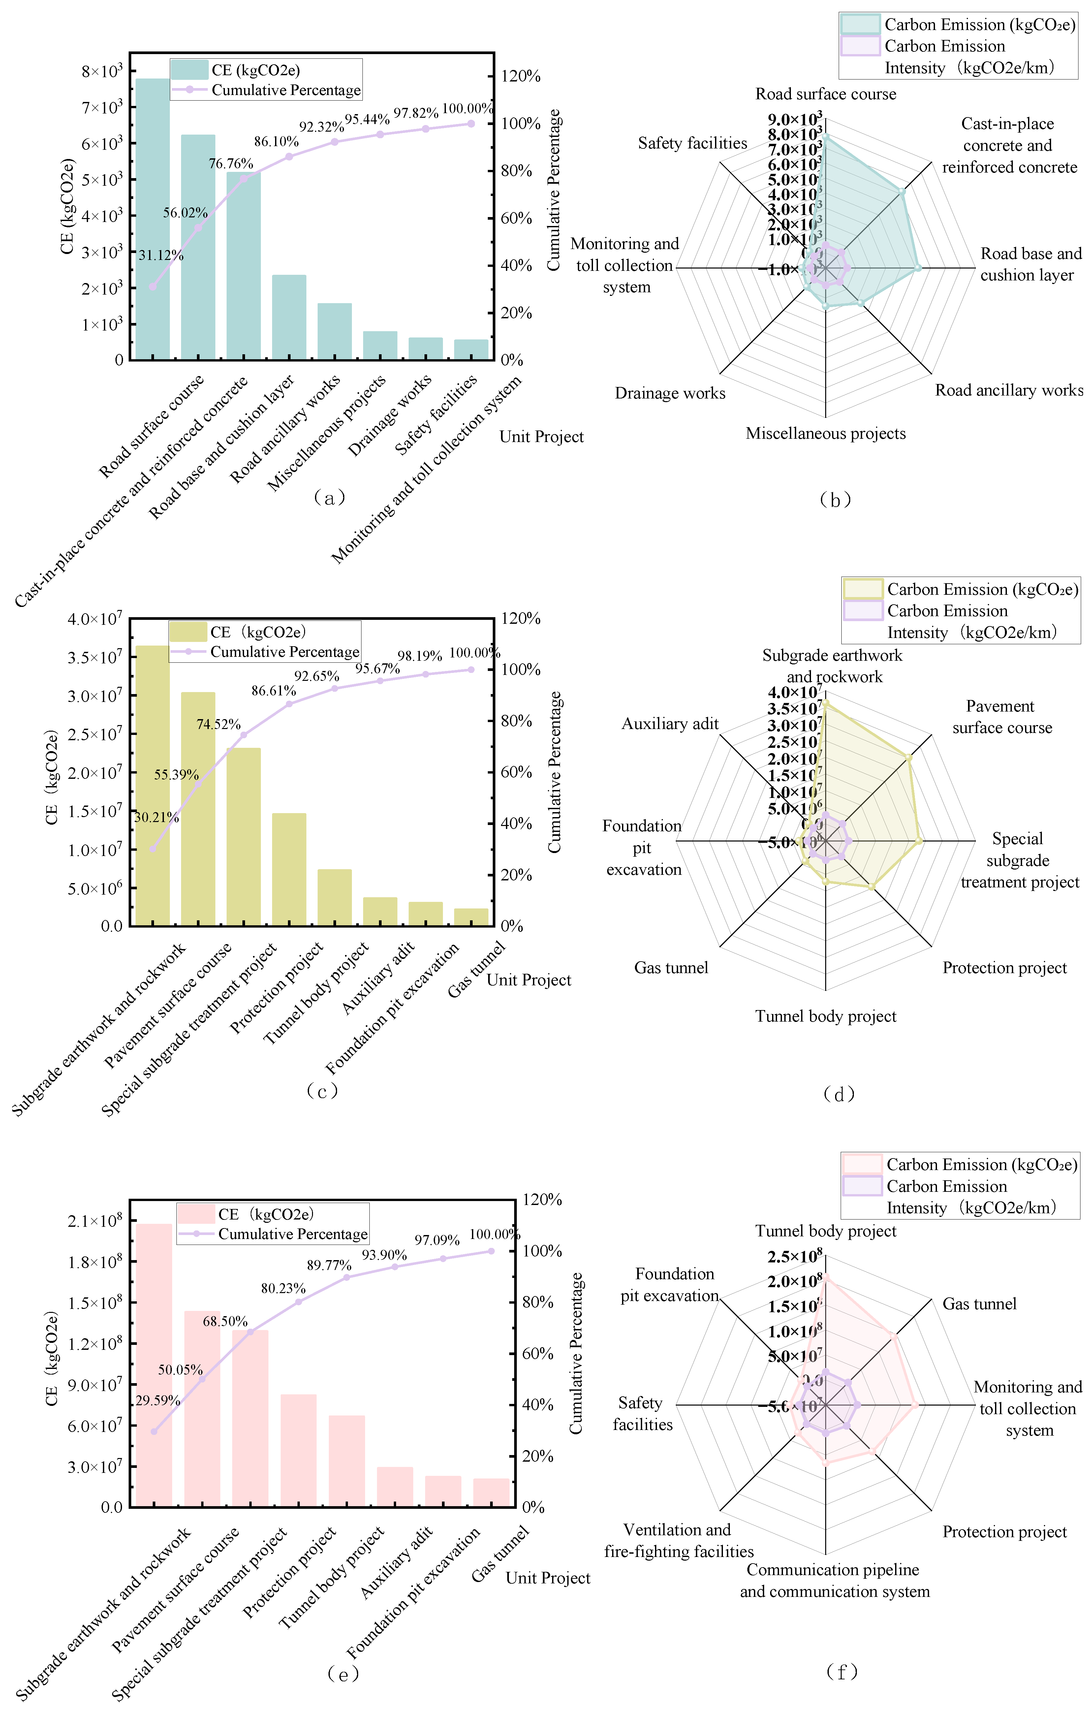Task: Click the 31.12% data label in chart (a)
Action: [x=161, y=255]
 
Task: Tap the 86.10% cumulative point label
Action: [x=276, y=142]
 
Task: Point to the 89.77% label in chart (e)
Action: [x=329, y=1266]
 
